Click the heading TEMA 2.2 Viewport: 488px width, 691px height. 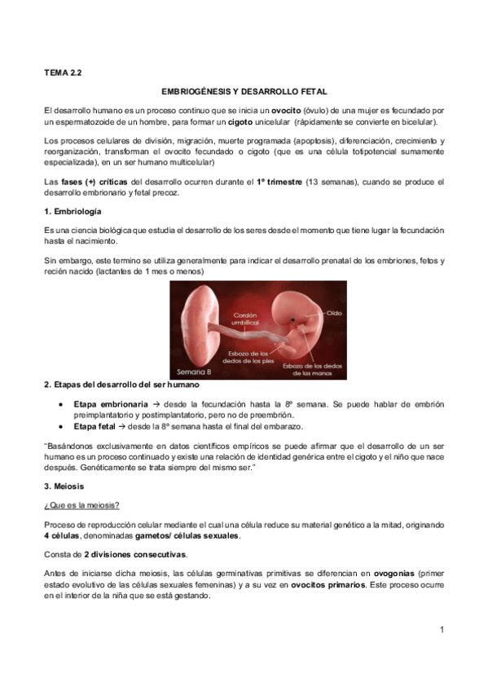(x=63, y=73)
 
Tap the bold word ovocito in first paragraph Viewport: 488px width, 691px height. (x=288, y=109)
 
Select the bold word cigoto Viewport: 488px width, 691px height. (x=240, y=121)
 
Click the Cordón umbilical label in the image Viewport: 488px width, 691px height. (x=245, y=319)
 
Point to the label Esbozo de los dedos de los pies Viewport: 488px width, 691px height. (x=246, y=355)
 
